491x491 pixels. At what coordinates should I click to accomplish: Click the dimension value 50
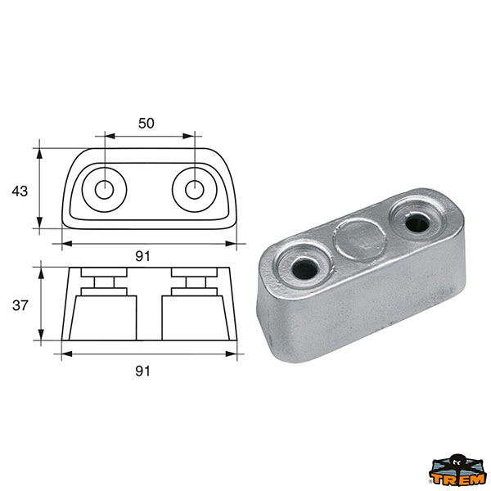click(x=146, y=124)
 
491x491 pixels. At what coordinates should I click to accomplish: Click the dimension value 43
click(x=20, y=191)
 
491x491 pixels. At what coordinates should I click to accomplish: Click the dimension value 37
click(x=20, y=305)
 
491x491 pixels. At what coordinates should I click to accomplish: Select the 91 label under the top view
click(x=142, y=256)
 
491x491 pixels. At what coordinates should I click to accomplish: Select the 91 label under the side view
click(x=142, y=371)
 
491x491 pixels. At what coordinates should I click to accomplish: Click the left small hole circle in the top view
click(x=105, y=190)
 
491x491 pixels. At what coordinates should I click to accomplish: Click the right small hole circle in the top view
click(x=195, y=190)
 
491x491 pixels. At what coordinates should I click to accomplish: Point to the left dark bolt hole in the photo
click(x=304, y=270)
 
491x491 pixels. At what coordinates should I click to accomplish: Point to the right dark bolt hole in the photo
click(x=417, y=223)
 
